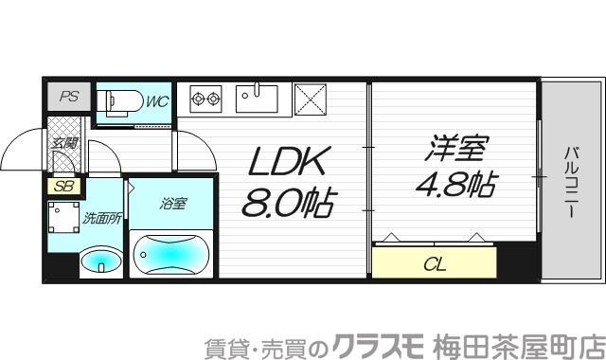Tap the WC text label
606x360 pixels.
coord(156,100)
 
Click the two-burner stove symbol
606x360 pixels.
coord(205,99)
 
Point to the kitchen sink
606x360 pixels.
coord(256,98)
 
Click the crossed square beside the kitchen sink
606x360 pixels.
coord(309,99)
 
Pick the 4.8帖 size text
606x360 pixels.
coord(454,184)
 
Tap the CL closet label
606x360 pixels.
coord(435,262)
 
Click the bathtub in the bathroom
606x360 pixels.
coord(171,253)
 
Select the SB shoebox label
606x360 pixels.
coord(64,187)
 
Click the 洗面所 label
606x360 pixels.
coord(100,218)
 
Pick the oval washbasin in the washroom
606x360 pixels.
coord(100,261)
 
